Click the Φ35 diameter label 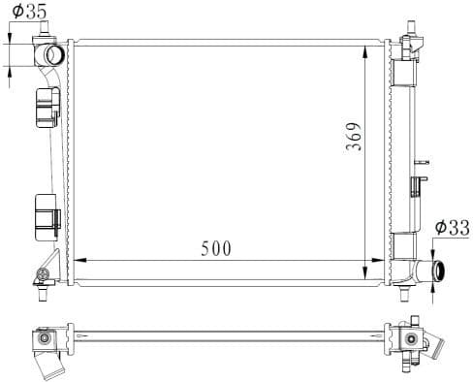pos(29,12)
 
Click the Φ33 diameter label pos(452,227)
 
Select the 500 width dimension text pos(216,248)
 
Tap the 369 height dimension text pos(353,136)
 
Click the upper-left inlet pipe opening pos(54,55)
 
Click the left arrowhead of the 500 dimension pos(80,260)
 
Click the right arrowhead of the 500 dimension pos(378,260)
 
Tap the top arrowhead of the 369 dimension pos(365,52)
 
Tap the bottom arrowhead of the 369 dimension pos(365,273)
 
